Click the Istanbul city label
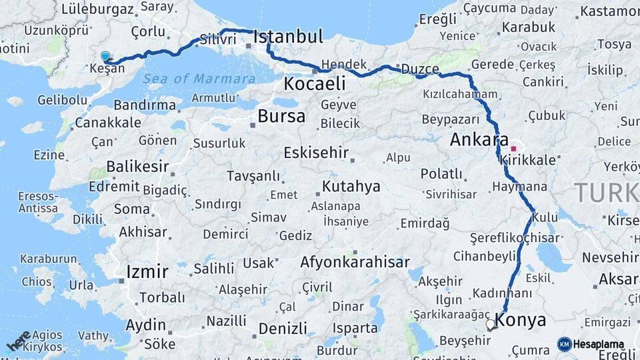coord(288,36)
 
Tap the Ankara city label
coord(475,140)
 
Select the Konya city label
coord(521,319)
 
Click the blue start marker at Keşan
coord(105,57)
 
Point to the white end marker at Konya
coord(491,325)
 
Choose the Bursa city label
coord(281,116)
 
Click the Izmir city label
coord(147,271)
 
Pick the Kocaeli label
coord(315,83)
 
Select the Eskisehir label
coord(316,153)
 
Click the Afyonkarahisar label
coord(355,262)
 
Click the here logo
coord(18,341)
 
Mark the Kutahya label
coord(351,186)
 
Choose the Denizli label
coord(283,328)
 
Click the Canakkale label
coord(108,123)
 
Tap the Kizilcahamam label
coord(460,95)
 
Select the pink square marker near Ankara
coord(513,149)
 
